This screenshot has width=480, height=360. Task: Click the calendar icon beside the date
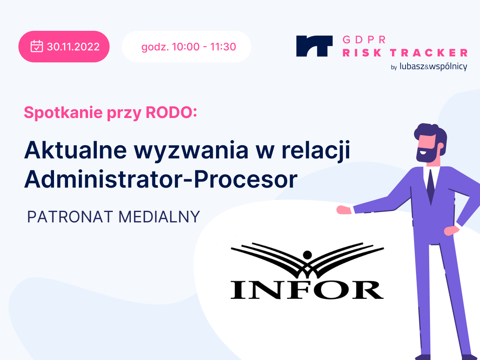click(x=37, y=46)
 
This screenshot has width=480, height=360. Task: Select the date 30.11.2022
click(x=73, y=47)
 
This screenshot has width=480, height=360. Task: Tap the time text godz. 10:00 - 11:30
click(x=188, y=47)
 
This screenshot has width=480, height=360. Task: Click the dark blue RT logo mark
click(x=314, y=46)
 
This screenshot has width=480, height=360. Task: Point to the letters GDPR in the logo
click(x=364, y=40)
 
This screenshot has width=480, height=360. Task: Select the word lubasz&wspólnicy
click(x=433, y=67)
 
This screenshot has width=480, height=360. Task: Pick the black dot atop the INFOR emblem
click(x=307, y=254)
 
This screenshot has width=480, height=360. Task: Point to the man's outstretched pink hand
click(x=344, y=210)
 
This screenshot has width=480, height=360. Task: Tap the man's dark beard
click(x=424, y=155)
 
